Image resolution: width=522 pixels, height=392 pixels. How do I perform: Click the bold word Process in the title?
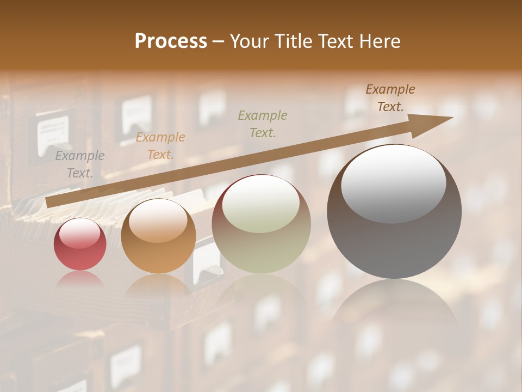pyautogui.click(x=171, y=41)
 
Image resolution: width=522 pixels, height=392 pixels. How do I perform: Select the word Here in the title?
pyautogui.click(x=380, y=41)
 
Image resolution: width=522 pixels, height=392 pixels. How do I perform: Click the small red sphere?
pyautogui.click(x=80, y=244)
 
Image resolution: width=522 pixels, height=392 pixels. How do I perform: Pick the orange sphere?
pyautogui.click(x=158, y=236)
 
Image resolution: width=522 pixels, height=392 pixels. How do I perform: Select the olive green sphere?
pyautogui.click(x=262, y=224)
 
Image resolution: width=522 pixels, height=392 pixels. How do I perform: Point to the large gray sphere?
pyautogui.click(x=394, y=212)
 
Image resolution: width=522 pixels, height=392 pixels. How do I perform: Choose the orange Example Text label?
pyautogui.click(x=160, y=146)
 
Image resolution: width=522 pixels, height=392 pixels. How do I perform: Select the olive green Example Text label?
pyautogui.click(x=263, y=124)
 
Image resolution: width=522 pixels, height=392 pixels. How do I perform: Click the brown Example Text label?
pyautogui.click(x=390, y=98)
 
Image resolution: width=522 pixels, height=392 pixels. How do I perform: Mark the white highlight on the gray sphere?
pyautogui.click(x=393, y=183)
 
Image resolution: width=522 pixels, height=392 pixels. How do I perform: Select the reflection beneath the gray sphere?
pyautogui.click(x=394, y=305)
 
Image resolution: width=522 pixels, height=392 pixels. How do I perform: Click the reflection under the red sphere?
pyautogui.click(x=80, y=279)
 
